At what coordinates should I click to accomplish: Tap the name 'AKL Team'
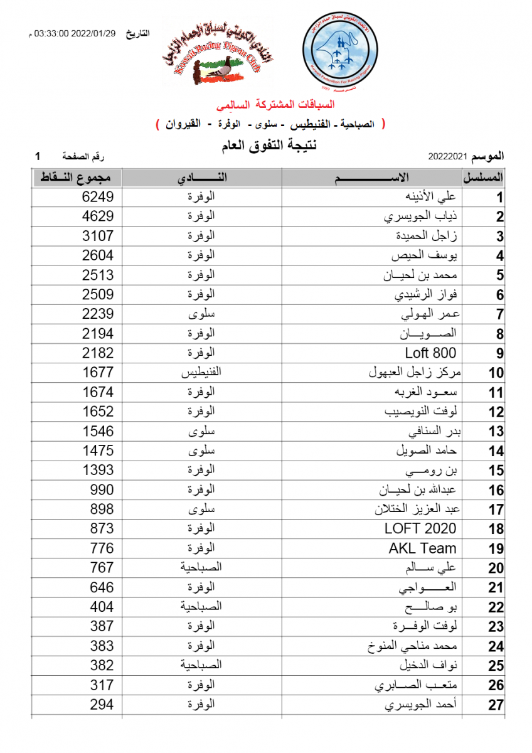click(422, 548)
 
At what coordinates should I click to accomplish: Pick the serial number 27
click(496, 705)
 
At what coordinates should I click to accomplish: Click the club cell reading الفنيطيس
click(201, 372)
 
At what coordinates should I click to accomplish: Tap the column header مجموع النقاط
click(76, 178)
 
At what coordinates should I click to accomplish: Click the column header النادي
click(201, 178)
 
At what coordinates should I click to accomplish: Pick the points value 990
click(101, 489)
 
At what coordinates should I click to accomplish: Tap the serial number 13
click(496, 432)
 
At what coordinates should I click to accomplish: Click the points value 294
click(101, 704)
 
